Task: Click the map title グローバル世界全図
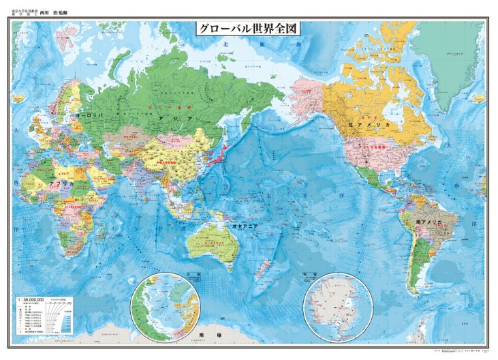click(x=249, y=30)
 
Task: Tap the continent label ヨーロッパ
click(x=89, y=117)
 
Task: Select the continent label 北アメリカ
click(x=368, y=125)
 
